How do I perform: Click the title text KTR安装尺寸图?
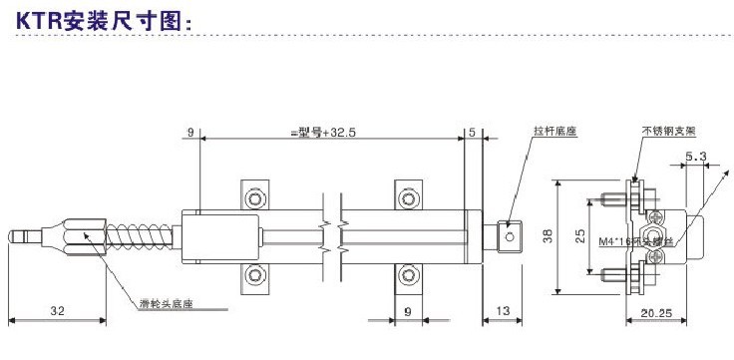coord(100,19)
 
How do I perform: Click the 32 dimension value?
coord(57,311)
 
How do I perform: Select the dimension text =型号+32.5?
coord(321,132)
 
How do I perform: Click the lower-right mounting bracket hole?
coord(408,274)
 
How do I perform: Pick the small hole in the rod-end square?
coord(510,236)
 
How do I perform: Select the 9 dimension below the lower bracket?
coord(407,311)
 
